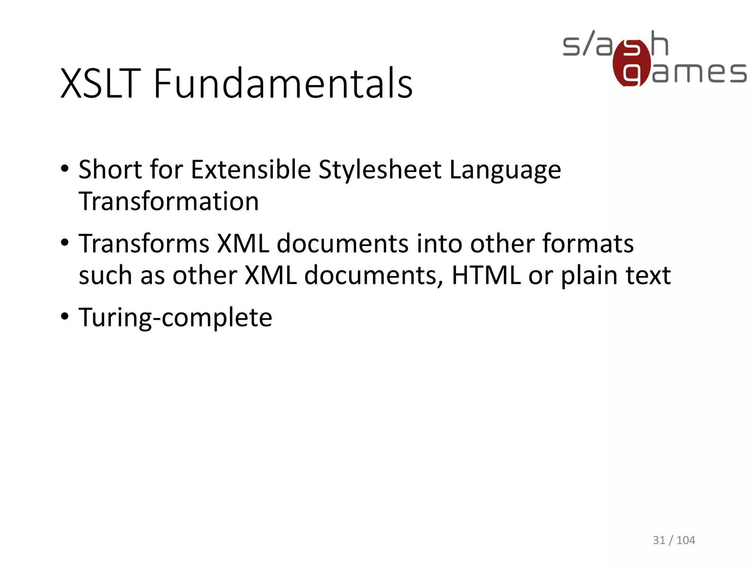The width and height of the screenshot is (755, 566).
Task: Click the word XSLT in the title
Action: pyautogui.click(x=101, y=84)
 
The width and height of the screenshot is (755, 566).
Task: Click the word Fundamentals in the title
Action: pyautogui.click(x=283, y=84)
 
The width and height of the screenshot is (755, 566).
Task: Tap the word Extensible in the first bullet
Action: pyautogui.click(x=251, y=170)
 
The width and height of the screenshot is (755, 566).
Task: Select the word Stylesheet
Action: pyautogui.click(x=380, y=170)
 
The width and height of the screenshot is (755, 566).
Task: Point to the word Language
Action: pyautogui.click(x=505, y=170)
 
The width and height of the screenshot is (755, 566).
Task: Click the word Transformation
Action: pyautogui.click(x=169, y=202)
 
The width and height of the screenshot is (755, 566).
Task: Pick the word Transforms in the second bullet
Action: pyautogui.click(x=144, y=244)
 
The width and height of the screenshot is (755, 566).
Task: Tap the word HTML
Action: pyautogui.click(x=486, y=275)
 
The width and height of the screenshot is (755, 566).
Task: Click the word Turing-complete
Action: pyautogui.click(x=175, y=317)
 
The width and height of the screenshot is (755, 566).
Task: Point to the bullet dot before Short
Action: pyautogui.click(x=65, y=169)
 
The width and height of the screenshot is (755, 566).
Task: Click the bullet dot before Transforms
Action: pyautogui.click(x=65, y=243)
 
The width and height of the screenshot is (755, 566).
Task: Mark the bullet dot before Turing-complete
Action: pyautogui.click(x=65, y=317)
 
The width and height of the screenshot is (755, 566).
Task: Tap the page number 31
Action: pyautogui.click(x=659, y=540)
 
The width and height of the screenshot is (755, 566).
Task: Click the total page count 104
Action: pyautogui.click(x=686, y=540)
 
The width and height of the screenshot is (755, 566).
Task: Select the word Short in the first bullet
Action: pyautogui.click(x=110, y=170)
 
